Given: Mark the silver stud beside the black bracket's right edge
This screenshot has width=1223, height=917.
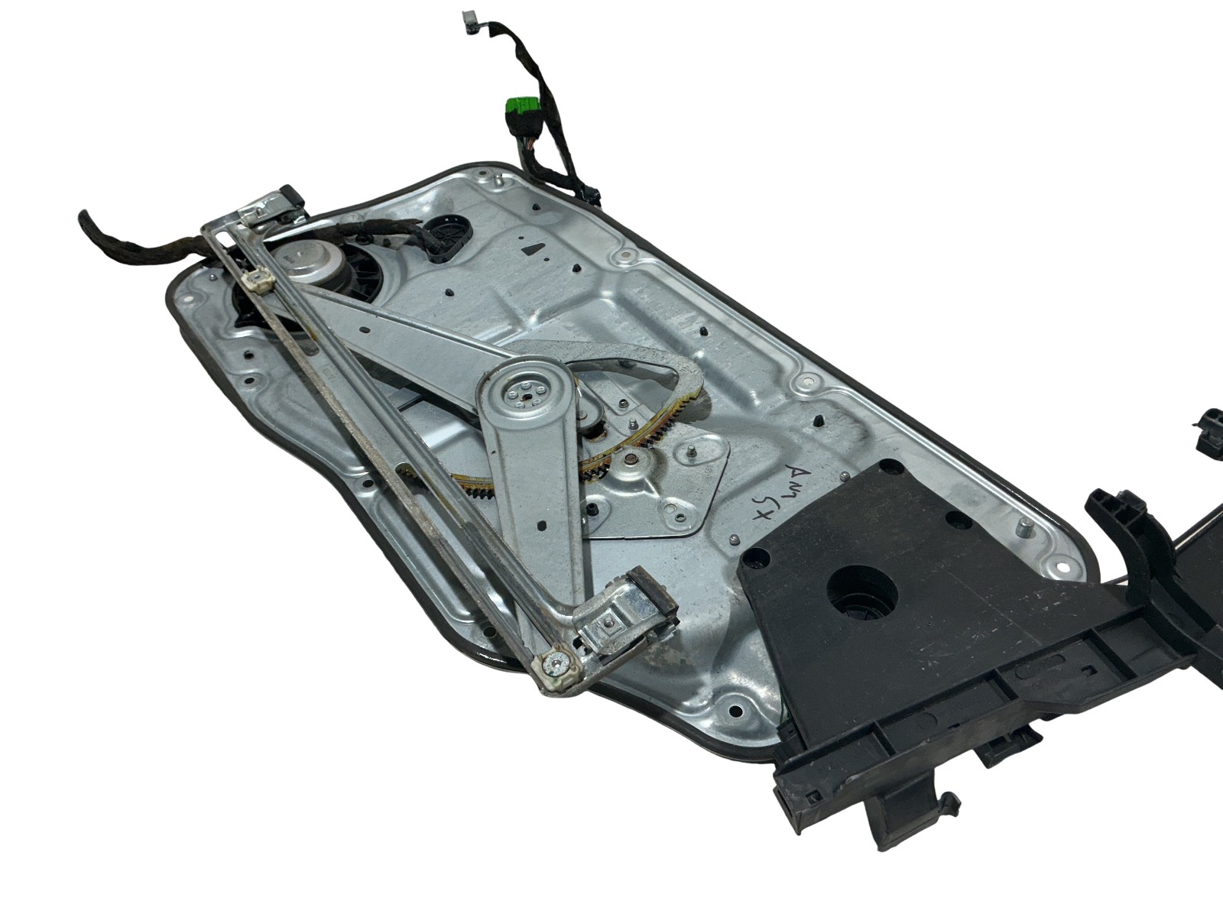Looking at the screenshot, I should click(x=1023, y=527).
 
